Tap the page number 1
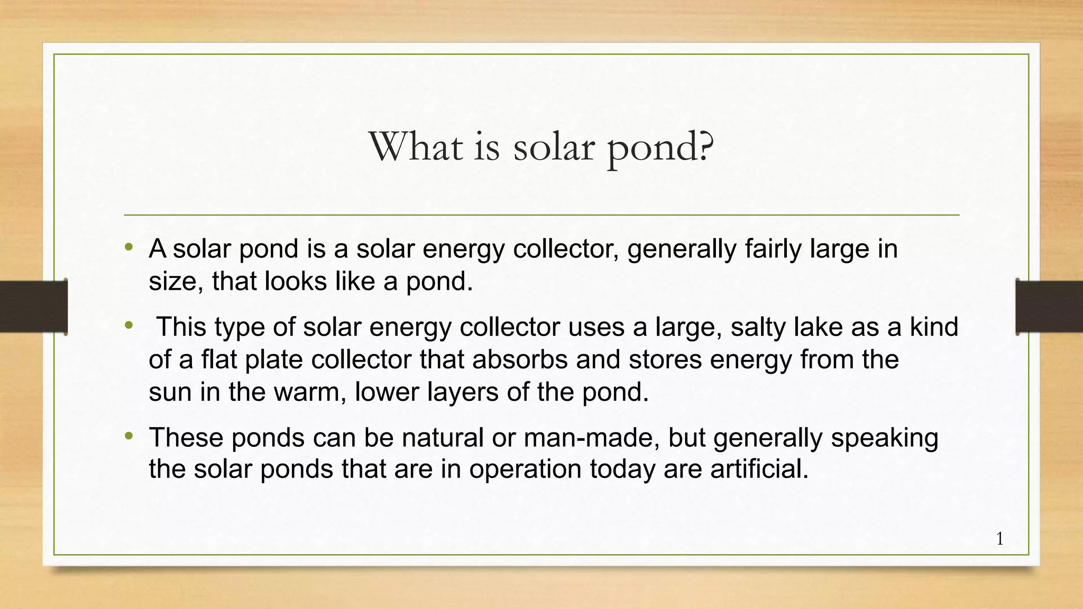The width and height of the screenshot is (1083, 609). [x=999, y=539]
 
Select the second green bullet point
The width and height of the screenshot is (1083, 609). [x=129, y=326]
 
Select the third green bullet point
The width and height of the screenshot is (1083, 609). [x=129, y=436]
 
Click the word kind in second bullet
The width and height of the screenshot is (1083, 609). [x=934, y=327]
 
